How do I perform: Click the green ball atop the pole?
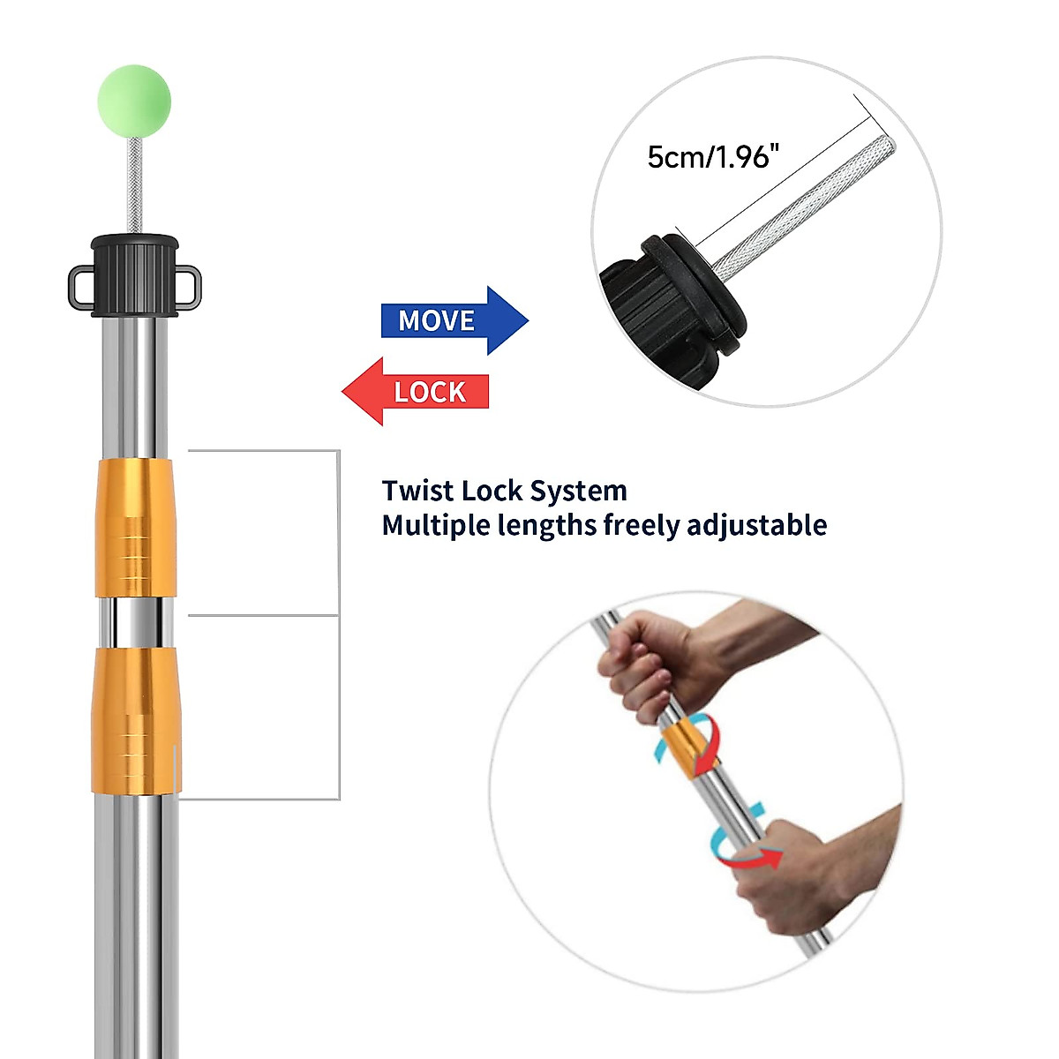135,101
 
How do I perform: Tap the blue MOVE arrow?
455,320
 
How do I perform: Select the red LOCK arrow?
416,392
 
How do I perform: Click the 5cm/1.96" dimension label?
713,157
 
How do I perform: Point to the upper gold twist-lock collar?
135,528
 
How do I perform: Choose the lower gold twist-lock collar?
136,720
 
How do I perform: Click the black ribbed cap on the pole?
135,276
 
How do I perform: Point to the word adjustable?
757,525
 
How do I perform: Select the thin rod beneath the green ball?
135,185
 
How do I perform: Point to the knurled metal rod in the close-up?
803,203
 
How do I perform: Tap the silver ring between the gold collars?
135,623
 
